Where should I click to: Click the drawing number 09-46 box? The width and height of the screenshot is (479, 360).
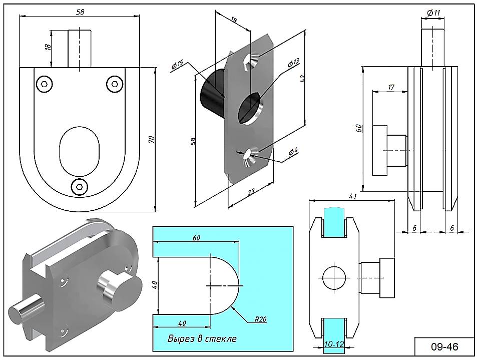444,346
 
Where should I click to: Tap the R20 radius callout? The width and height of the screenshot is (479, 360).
260,318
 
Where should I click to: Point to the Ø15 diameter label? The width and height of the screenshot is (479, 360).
178,66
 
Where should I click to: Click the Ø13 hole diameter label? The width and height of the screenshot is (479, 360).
293,63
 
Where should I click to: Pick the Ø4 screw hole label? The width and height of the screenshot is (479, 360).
293,151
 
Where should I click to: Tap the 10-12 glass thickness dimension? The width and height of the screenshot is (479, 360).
333,344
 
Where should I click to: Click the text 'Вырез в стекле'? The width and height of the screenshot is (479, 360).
202,338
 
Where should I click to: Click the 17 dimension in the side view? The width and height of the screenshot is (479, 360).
391,88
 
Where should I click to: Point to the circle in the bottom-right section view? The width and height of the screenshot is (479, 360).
334,277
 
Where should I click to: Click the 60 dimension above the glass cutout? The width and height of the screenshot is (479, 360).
196,238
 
